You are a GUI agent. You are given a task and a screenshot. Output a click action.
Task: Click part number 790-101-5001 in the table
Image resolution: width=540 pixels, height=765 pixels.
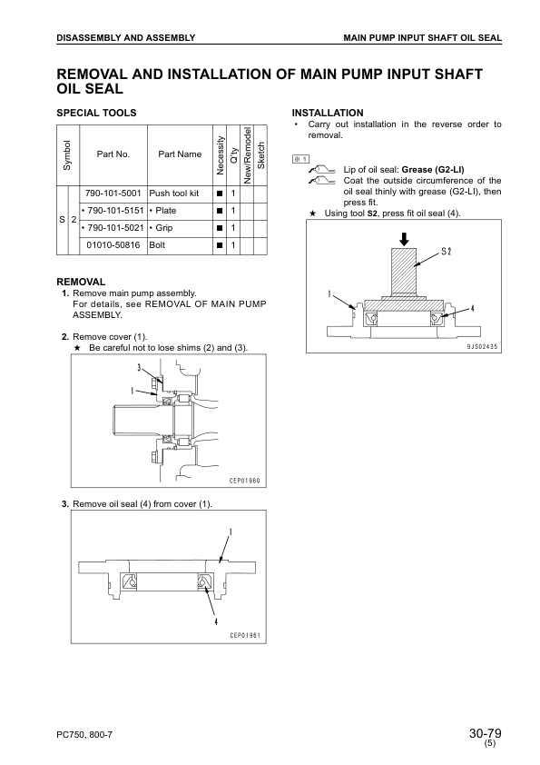pyautogui.click(x=113, y=194)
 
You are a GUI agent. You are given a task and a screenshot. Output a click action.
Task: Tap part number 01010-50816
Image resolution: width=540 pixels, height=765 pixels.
pyautogui.click(x=113, y=245)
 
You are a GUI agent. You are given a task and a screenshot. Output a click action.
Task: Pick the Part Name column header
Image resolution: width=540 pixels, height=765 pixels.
pyautogui.click(x=180, y=154)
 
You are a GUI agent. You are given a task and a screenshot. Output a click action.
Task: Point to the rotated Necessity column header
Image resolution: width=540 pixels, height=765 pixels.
pyautogui.click(x=220, y=155)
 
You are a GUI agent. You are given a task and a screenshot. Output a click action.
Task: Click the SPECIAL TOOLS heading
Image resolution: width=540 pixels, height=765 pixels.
pyautogui.click(x=96, y=113)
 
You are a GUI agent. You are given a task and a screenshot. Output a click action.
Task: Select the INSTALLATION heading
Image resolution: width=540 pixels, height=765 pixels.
pyautogui.click(x=328, y=113)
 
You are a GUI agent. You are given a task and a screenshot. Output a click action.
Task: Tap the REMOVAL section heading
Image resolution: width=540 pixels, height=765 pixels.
pyautogui.click(x=81, y=282)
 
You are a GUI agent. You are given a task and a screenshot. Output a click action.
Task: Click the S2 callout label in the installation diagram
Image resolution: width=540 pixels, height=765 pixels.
pyautogui.click(x=447, y=252)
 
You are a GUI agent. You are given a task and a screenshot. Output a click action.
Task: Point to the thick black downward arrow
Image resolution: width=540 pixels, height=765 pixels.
pyautogui.click(x=404, y=239)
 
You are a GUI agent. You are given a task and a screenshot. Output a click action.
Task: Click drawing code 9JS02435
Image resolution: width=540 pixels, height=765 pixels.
pyautogui.click(x=482, y=347)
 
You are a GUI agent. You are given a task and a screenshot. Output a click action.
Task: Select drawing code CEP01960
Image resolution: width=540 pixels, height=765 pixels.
pyautogui.click(x=245, y=481)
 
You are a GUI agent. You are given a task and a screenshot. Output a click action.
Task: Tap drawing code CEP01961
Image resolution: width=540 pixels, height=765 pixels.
pyautogui.click(x=245, y=635)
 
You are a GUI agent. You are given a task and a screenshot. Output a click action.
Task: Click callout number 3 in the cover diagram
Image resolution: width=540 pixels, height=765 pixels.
pyautogui.click(x=139, y=367)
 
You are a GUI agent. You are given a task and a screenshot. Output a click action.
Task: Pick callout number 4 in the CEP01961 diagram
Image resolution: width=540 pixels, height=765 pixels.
pyautogui.click(x=216, y=621)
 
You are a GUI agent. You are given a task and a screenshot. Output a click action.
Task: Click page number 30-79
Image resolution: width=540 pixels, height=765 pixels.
pyautogui.click(x=486, y=733)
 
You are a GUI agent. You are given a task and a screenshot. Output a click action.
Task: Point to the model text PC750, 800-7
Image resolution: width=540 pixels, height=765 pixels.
pyautogui.click(x=84, y=735)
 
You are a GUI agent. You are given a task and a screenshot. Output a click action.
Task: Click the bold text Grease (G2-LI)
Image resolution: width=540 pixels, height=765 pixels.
pyautogui.click(x=433, y=170)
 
